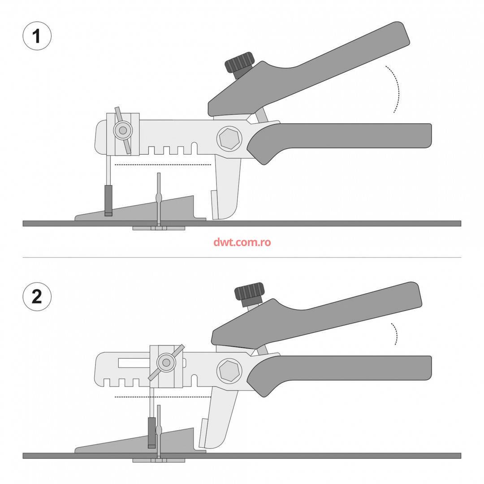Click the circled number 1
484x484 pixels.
click(37, 36)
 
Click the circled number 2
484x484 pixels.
click(37, 297)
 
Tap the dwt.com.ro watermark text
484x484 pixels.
click(242, 242)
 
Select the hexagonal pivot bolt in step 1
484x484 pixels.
click(229, 138)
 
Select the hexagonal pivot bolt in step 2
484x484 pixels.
click(229, 371)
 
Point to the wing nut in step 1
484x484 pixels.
click(123, 130)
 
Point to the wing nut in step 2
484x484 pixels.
click(166, 363)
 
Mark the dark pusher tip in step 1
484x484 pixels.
click(108, 201)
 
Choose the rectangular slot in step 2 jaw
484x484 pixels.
click(134, 363)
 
